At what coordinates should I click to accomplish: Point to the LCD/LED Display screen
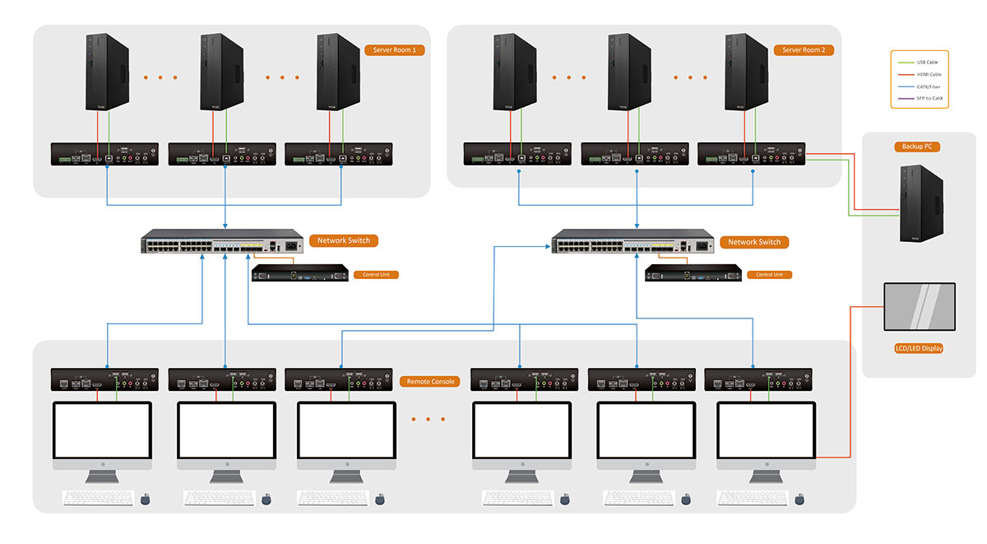point(919,308)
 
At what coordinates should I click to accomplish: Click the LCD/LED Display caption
point(919,348)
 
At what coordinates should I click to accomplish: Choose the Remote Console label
point(430,382)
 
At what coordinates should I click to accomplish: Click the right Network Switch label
point(754,242)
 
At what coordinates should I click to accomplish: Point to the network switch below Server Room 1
point(222,244)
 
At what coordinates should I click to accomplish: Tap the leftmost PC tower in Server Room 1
point(108,72)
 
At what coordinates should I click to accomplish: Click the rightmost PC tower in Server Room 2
point(747,72)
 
